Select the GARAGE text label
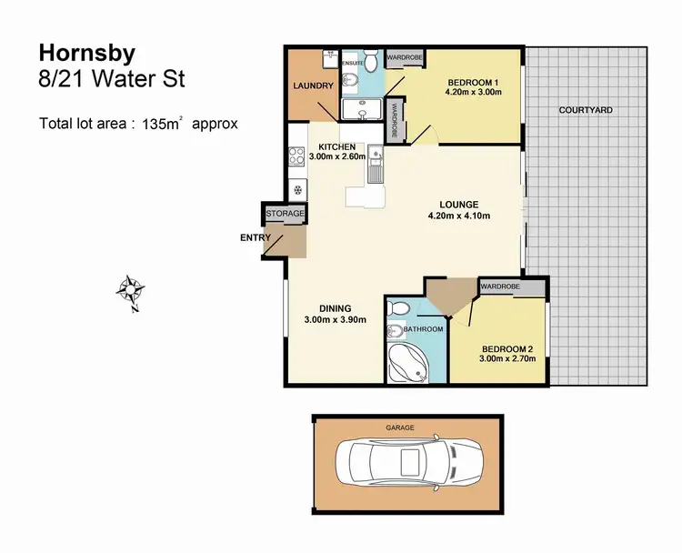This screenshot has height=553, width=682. [399, 427]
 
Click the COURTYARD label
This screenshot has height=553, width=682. [586, 110]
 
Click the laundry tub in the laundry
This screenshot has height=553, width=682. [328, 57]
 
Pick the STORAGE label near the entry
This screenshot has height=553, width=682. [285, 214]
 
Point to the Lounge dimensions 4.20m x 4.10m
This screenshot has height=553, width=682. [460, 216]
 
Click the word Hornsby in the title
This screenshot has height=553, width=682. [77, 52]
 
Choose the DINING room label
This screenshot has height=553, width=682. [334, 307]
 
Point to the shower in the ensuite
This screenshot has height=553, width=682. [361, 110]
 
